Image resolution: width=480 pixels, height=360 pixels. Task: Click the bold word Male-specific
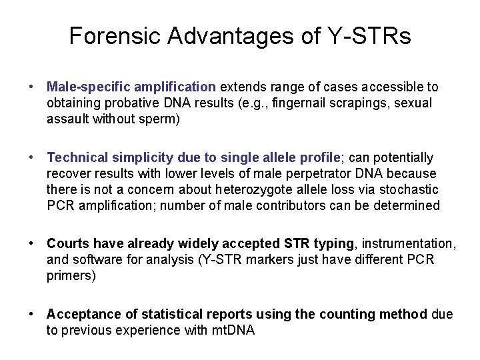point(88,87)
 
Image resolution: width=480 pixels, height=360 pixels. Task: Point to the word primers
point(71,276)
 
